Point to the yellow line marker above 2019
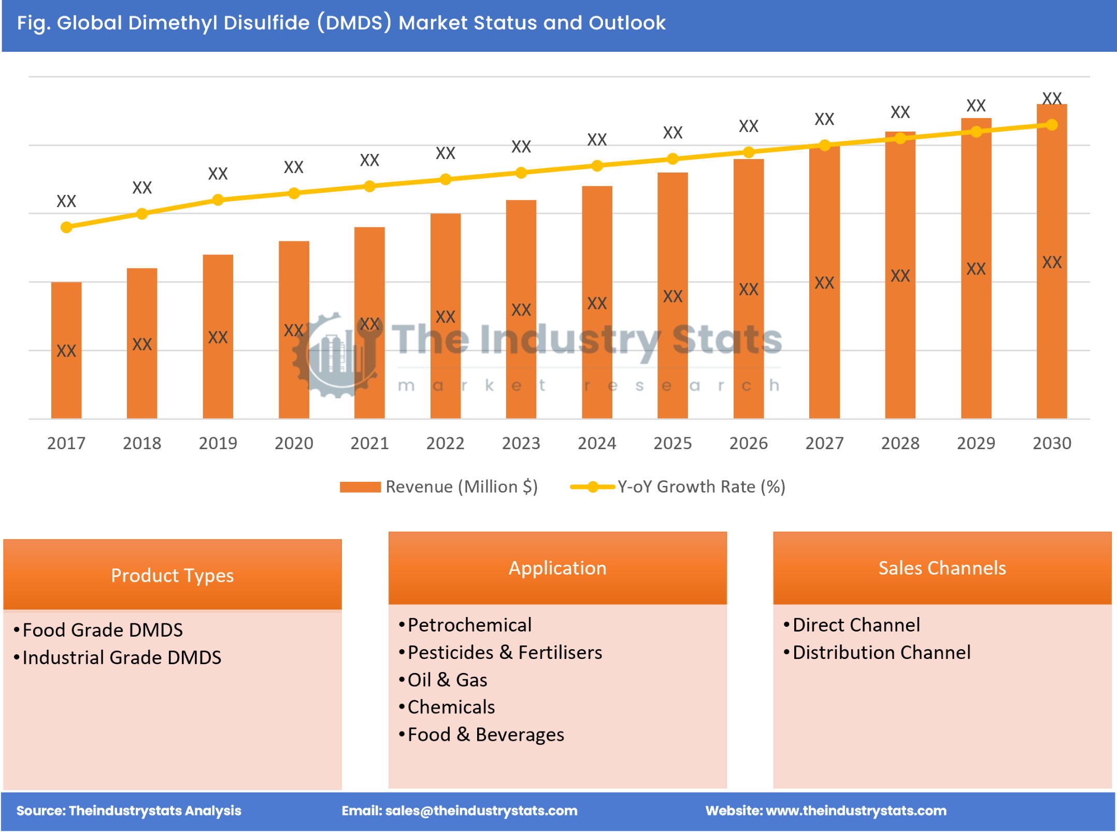tap(218, 200)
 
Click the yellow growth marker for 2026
tap(748, 152)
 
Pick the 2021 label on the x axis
tap(369, 443)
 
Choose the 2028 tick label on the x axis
tap(900, 443)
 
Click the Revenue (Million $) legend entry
tap(439, 486)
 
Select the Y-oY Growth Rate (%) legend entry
tap(678, 486)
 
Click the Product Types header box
tap(172, 575)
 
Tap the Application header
tap(557, 568)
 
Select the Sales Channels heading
tap(942, 568)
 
